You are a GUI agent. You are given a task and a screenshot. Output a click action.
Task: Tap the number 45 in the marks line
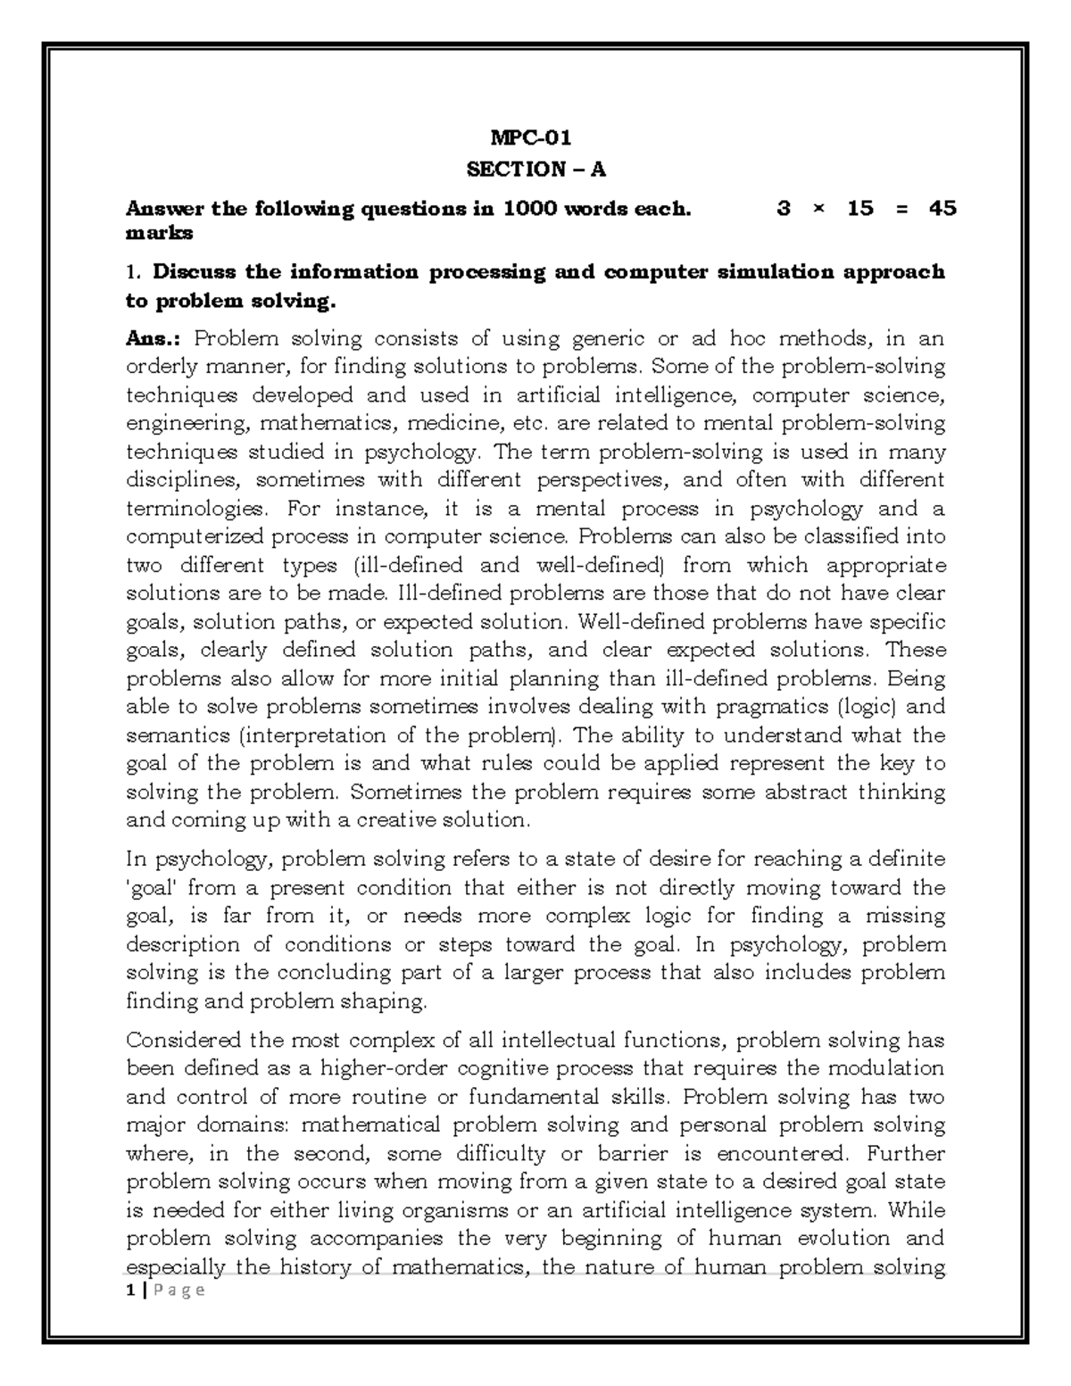click(942, 209)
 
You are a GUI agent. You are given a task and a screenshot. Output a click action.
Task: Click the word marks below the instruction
click(159, 233)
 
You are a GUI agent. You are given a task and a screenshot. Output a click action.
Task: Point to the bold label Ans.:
click(154, 339)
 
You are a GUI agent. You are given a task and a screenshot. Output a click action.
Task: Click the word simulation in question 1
click(776, 271)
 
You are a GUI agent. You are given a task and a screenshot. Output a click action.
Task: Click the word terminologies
click(195, 510)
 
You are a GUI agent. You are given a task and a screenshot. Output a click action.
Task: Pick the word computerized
click(195, 537)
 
